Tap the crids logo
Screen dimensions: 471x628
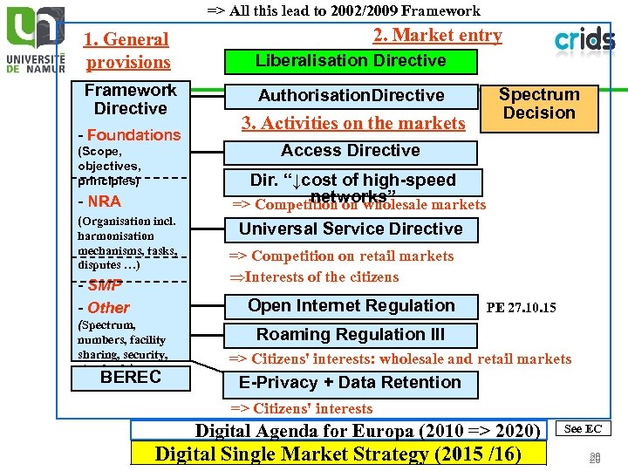point(584,40)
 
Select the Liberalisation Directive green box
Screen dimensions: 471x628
point(351,61)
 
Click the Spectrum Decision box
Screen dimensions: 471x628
point(539,105)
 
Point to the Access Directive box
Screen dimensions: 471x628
point(351,151)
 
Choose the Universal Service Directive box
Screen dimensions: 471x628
point(351,229)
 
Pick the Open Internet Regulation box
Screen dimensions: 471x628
point(351,306)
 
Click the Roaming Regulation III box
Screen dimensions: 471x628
point(351,335)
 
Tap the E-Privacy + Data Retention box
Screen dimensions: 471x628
point(351,383)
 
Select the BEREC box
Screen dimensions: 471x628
point(131,378)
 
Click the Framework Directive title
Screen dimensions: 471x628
point(131,99)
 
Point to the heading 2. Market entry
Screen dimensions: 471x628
point(437,36)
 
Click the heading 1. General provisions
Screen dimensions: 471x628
point(127,51)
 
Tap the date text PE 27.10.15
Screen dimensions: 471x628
point(521,308)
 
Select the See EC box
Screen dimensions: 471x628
point(584,428)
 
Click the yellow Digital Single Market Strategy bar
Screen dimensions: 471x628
point(338,454)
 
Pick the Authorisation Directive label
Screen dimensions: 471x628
point(351,96)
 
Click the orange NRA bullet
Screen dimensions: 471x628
point(101,201)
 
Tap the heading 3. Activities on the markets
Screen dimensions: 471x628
point(353,124)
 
